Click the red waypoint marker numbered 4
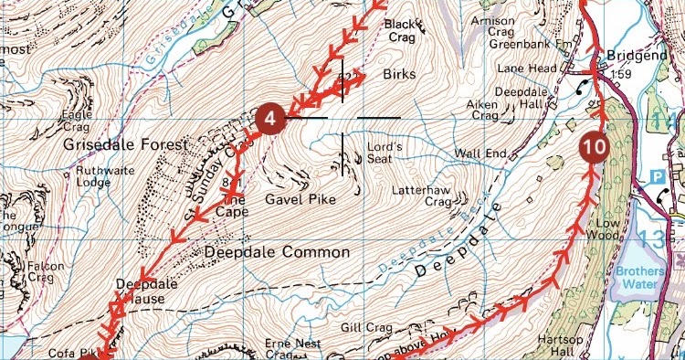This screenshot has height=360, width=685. pos(269,119)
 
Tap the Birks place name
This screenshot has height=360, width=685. pos(400,74)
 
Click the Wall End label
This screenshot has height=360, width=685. pos(481,153)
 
